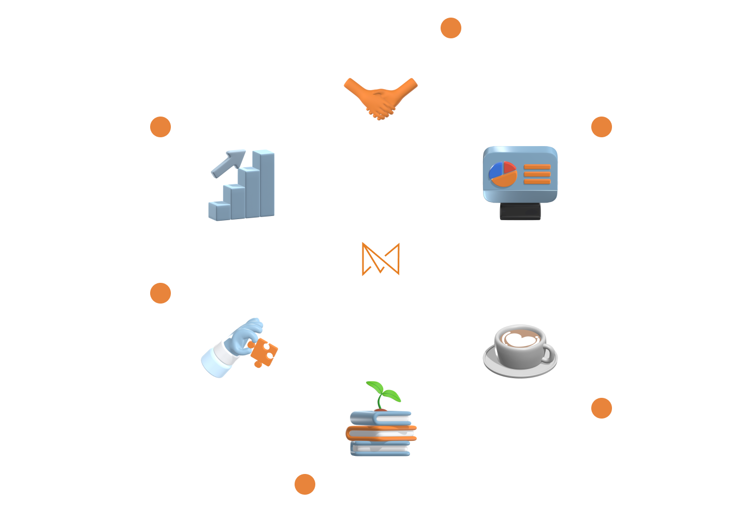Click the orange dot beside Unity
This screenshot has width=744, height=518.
tap(451, 28)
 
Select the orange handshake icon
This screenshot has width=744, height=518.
tap(381, 97)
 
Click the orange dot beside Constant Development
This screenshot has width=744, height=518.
tap(602, 127)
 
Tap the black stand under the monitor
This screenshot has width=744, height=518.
tap(520, 211)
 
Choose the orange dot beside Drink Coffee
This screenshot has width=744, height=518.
tap(602, 409)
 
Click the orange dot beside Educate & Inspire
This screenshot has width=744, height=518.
tap(305, 484)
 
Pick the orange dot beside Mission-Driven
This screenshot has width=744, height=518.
tap(161, 293)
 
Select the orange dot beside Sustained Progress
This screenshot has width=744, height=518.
tap(161, 127)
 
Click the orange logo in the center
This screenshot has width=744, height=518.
tap(381, 258)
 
